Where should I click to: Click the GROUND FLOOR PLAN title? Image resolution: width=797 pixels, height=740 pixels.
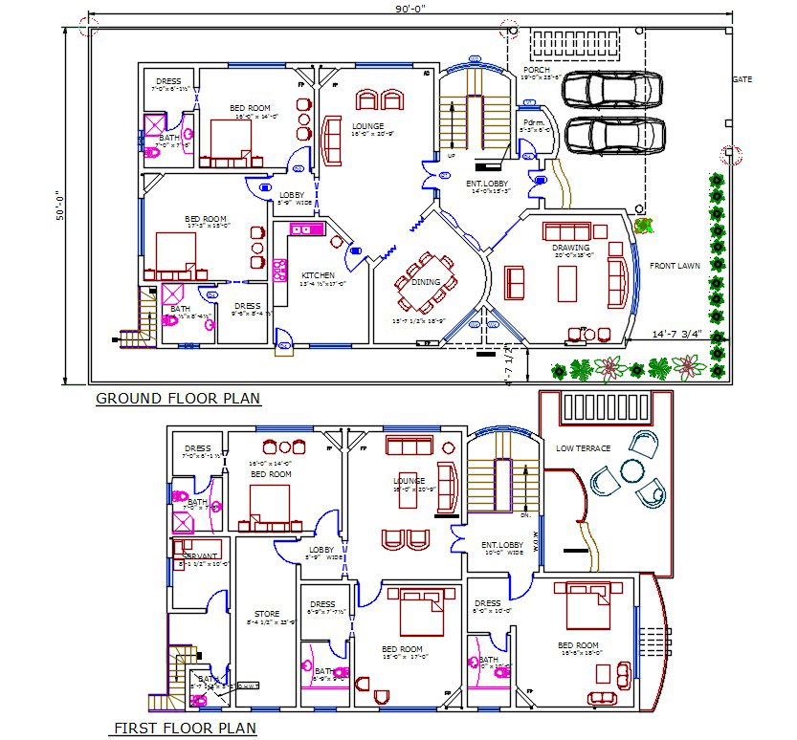[177, 399]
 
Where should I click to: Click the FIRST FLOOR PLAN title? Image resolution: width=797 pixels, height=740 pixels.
[186, 729]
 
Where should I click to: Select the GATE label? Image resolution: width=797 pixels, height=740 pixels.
[742, 79]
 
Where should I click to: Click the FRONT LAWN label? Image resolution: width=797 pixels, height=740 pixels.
[675, 266]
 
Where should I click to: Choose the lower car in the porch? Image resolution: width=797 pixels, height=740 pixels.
[613, 135]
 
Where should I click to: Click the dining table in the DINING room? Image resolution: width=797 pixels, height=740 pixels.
[428, 283]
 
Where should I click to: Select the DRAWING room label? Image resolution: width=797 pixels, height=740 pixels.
[571, 249]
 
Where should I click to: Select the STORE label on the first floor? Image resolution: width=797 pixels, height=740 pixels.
[267, 614]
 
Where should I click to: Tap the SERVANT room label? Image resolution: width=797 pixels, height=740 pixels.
[200, 555]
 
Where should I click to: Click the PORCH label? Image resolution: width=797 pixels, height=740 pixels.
[536, 70]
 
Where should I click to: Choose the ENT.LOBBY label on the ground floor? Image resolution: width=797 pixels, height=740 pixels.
[487, 183]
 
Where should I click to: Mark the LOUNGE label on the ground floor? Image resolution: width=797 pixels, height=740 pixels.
[367, 126]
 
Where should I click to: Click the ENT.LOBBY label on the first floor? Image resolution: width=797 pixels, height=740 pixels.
[500, 544]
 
